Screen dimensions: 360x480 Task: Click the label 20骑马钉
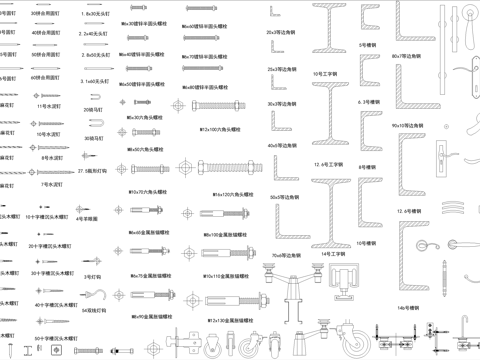[92, 110]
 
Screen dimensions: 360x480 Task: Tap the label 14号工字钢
[333, 254]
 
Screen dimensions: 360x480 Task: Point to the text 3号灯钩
[92, 277]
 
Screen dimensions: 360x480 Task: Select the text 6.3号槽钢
[371, 101]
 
